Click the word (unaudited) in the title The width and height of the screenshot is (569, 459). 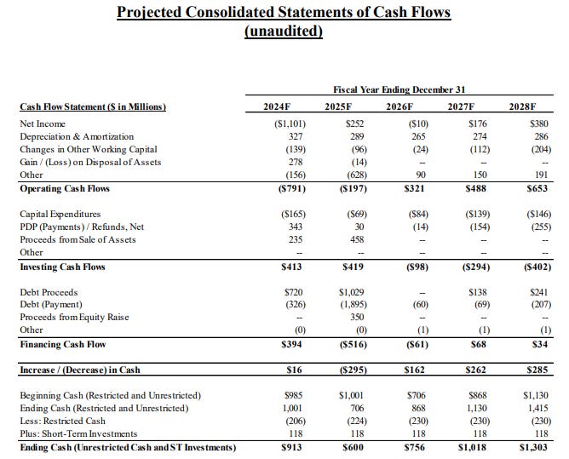pyautogui.click(x=284, y=32)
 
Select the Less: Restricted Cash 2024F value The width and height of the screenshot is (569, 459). pyautogui.click(x=288, y=421)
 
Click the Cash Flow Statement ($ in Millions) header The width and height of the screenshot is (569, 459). pyautogui.click(x=92, y=106)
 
